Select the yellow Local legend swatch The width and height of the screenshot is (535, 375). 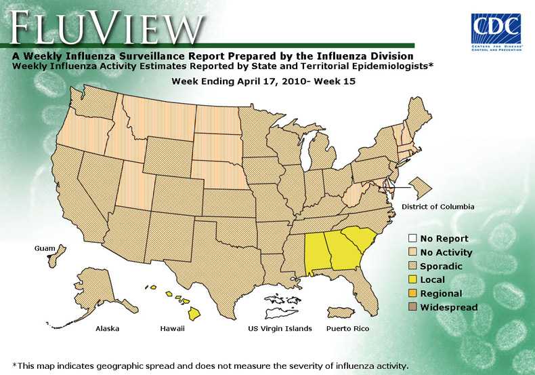coord(412,280)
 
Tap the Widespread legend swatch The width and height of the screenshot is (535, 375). coord(412,308)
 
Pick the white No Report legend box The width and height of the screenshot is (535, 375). coord(412,239)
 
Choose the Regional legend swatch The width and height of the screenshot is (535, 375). coord(412,294)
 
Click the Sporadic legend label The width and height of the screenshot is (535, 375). coord(441,267)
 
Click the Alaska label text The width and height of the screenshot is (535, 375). coord(108,329)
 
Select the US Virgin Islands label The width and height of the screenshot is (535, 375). coord(280,329)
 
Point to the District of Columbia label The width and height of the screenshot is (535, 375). coord(437,206)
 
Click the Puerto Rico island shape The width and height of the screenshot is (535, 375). coord(342,313)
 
